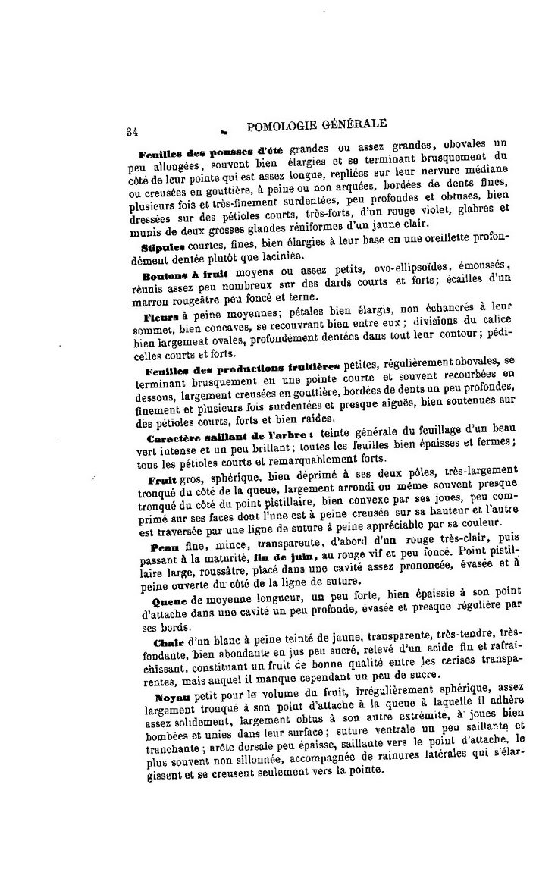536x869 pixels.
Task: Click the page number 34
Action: tap(132, 131)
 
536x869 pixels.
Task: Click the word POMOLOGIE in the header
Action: tap(282, 125)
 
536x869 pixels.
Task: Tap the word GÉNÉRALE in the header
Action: tap(356, 123)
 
